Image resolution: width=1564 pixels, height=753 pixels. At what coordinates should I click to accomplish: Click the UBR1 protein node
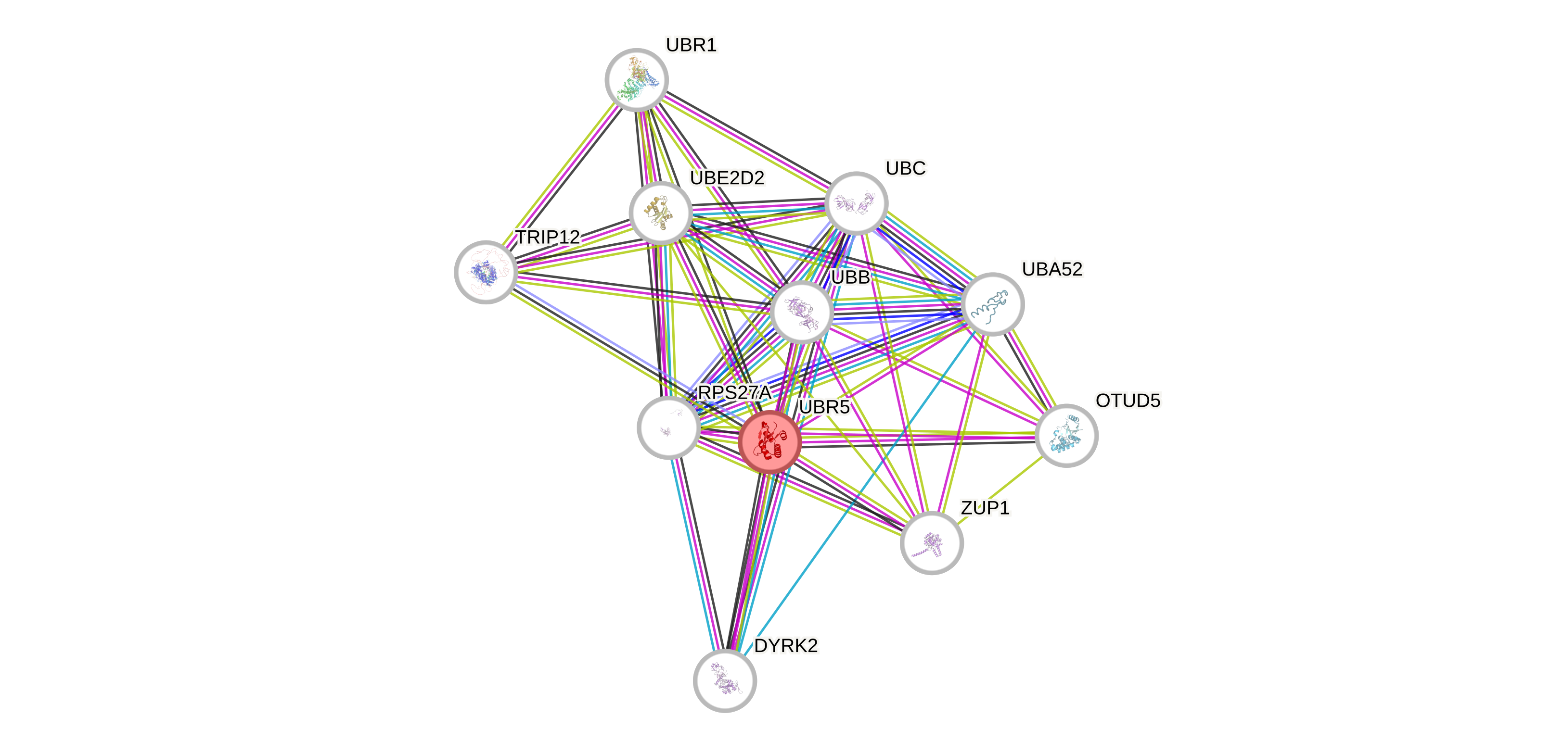coord(636,79)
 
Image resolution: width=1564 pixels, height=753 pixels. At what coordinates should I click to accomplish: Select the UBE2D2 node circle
coord(661,213)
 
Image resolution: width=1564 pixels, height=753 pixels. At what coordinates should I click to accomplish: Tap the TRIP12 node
coord(486,272)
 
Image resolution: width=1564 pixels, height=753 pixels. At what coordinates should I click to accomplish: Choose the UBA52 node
coord(993,304)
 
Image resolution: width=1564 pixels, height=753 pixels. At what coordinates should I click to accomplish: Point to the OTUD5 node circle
coord(1066,436)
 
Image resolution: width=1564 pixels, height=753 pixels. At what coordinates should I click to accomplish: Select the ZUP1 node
coord(931,542)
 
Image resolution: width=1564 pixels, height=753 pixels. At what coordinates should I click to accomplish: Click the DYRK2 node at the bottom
coord(725,681)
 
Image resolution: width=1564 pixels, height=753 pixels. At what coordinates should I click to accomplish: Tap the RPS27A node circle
coord(668,428)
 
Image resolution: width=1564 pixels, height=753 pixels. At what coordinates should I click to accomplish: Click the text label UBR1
coord(691,45)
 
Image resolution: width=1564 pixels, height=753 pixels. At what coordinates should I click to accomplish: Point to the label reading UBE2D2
coord(727,178)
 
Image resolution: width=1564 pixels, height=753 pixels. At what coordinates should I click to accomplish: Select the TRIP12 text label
coord(548,237)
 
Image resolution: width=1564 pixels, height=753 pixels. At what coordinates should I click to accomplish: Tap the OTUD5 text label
coord(1128,401)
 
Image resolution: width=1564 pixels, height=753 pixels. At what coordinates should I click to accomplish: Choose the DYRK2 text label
coord(786,646)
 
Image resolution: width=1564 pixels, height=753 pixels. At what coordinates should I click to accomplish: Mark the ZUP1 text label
coord(985,507)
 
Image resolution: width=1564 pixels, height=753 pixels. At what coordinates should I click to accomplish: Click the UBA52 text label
coord(1052,269)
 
